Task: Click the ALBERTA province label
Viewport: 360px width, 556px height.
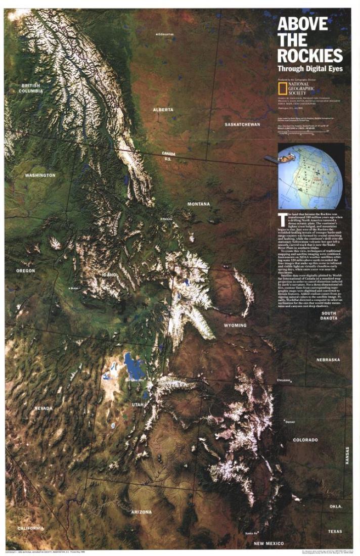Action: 163,110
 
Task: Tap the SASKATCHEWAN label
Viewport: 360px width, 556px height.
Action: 242,124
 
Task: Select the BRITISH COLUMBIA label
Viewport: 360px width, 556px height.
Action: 31,88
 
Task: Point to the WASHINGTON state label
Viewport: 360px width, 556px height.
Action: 40,175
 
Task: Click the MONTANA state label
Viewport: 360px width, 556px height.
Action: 198,204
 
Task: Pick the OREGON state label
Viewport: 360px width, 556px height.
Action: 25,271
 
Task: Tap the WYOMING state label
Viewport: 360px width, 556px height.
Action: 236,326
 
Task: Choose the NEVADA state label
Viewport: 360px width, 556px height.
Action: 43,408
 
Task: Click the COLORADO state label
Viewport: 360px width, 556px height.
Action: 305,440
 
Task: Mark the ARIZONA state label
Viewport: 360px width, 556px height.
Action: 141,512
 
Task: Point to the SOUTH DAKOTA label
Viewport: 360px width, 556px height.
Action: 329,316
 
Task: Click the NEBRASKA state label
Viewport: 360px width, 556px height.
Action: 328,360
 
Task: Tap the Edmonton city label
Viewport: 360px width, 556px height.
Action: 165,34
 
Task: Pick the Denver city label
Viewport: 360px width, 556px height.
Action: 290,422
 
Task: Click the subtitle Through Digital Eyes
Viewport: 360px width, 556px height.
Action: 309,68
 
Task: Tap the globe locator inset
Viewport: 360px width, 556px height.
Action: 311,175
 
